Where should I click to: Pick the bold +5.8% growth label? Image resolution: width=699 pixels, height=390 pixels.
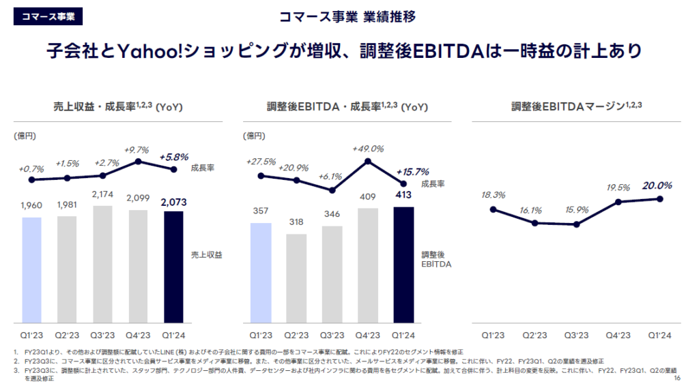[x=174, y=157]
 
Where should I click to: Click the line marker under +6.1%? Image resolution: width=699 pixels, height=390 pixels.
[x=332, y=190]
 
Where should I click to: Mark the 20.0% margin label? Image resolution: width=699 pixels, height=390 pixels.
[x=658, y=185]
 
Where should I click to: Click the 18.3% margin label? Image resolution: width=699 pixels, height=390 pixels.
[x=493, y=195]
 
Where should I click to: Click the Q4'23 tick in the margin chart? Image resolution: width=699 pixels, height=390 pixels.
[x=618, y=335]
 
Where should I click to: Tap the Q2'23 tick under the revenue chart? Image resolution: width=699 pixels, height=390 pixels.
[x=67, y=335]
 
